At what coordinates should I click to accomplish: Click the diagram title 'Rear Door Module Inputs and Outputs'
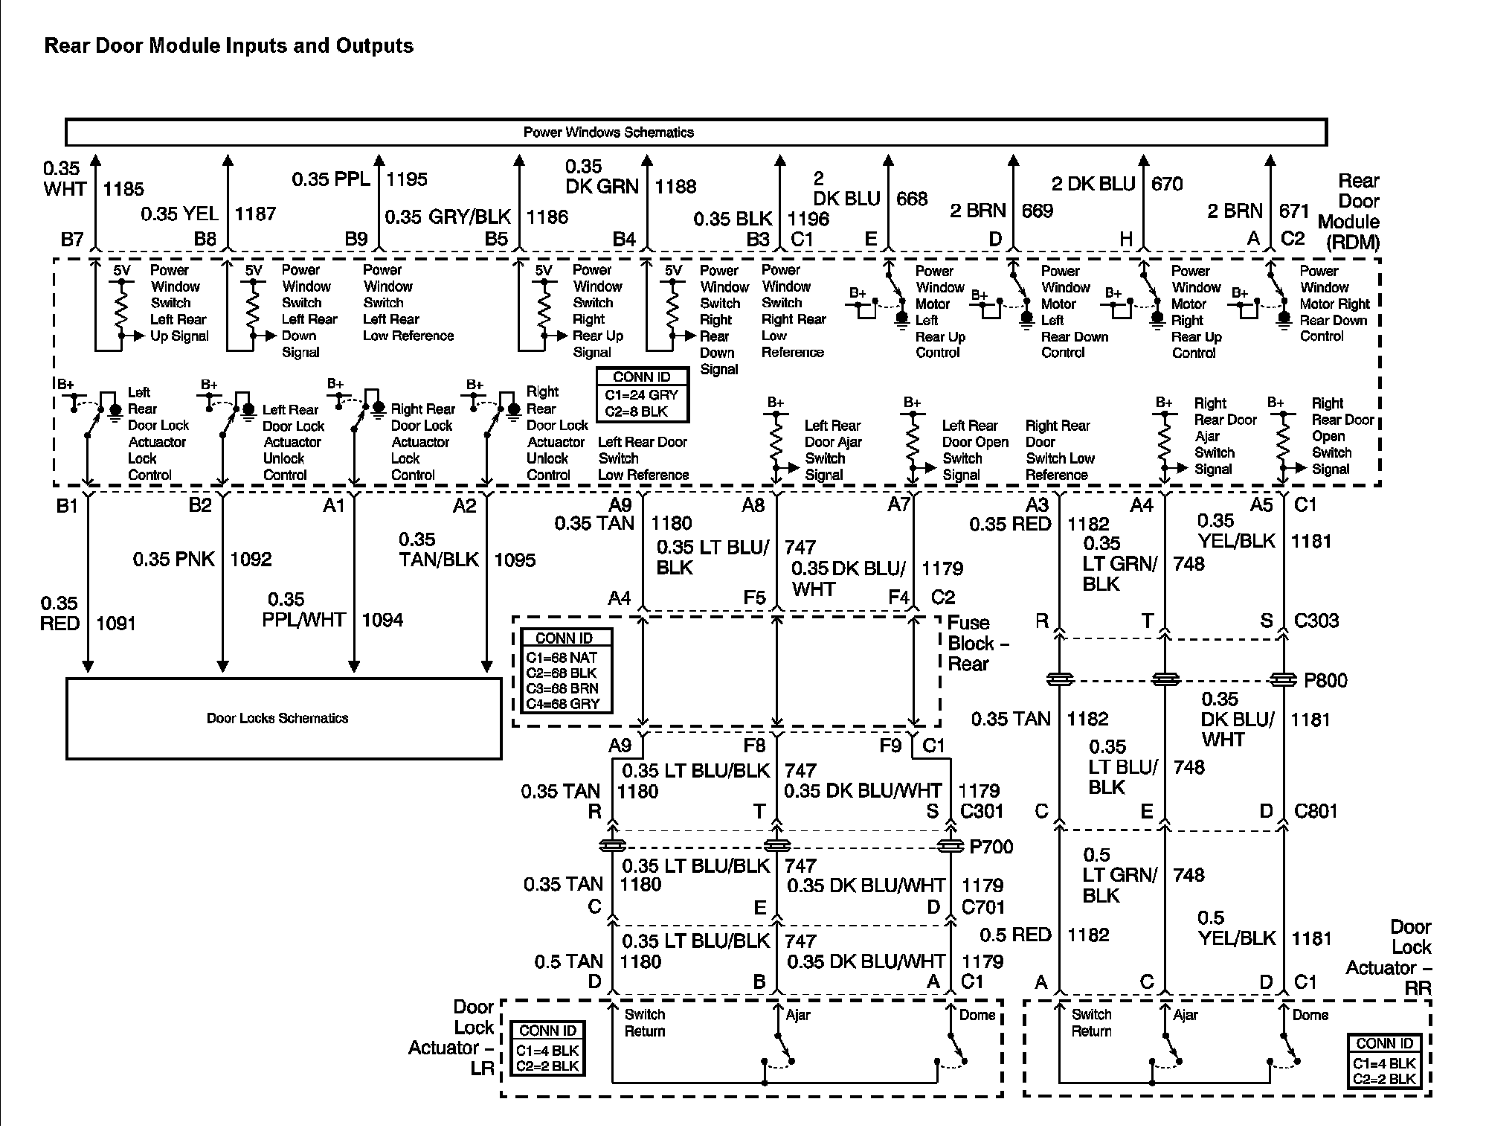point(228,46)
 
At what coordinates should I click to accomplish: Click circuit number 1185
point(123,189)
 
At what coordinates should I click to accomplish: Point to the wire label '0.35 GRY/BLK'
point(448,217)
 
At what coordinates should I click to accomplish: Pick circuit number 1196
point(808,219)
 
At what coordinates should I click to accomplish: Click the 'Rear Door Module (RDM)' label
point(1350,212)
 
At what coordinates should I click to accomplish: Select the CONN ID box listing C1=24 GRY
point(642,395)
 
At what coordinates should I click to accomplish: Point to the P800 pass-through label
point(1325,680)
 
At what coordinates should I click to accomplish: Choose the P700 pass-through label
point(991,847)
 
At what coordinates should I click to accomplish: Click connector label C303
point(1316,621)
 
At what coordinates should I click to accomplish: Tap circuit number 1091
point(116,624)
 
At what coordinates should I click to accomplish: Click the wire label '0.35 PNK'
point(174,559)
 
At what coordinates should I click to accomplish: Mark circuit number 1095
point(515,560)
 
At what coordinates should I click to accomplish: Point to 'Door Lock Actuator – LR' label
point(451,1037)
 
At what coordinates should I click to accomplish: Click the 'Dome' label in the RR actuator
point(1310,1015)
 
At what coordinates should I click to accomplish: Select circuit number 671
point(1293,211)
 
